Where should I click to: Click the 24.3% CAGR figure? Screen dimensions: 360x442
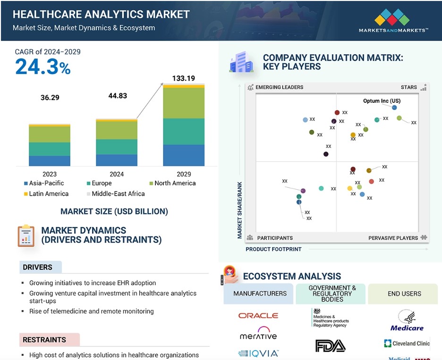(43, 67)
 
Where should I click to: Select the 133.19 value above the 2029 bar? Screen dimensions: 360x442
(184, 78)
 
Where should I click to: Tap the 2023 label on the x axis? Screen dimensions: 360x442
(49, 174)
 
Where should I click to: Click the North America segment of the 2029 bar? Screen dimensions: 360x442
(184, 103)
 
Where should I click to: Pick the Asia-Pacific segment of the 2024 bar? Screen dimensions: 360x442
(117, 160)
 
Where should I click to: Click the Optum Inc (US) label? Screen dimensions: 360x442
(382, 101)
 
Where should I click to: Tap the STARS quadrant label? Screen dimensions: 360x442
(409, 87)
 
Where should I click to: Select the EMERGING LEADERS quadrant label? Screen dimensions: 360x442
(279, 87)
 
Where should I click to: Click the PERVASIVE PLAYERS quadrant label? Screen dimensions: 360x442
(393, 238)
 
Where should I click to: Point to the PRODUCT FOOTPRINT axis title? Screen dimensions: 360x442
(273, 249)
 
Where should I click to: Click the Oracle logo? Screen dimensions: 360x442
(258, 315)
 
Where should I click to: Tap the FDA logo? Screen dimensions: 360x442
(330, 346)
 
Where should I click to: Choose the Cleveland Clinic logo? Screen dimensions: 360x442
(407, 343)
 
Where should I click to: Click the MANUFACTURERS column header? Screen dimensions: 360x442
(260, 293)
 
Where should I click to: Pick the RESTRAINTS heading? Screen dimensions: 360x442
(44, 340)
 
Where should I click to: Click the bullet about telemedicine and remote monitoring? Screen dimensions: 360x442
(91, 311)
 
